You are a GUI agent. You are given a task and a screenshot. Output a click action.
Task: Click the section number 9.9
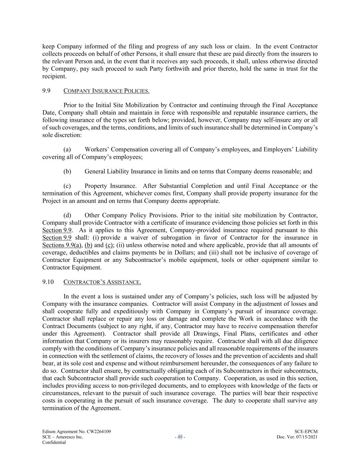[x=46, y=91]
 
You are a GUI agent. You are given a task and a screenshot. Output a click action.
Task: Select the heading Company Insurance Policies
[x=106, y=91]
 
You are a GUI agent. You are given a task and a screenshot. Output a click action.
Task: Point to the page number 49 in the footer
[x=180, y=437]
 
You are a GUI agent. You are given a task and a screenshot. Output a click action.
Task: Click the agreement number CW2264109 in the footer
[x=99, y=432]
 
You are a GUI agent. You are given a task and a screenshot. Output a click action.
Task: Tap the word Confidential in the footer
[x=54, y=442]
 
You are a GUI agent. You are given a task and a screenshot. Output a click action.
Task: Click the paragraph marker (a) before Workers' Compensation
[x=67, y=150]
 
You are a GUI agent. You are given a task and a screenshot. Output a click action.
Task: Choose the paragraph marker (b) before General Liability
[x=67, y=171]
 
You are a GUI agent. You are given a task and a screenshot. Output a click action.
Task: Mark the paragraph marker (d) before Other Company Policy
[x=67, y=215]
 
